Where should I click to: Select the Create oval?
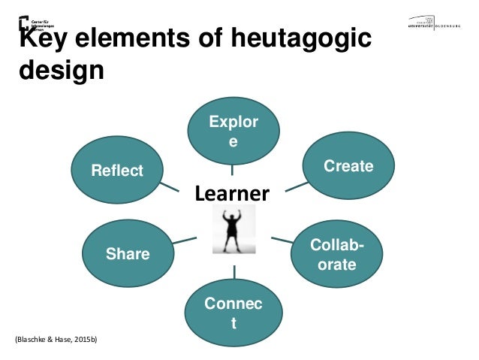[348, 166]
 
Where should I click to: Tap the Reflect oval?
[117, 171]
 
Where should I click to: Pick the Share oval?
[128, 254]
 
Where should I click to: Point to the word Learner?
[232, 195]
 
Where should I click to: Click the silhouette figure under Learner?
[233, 228]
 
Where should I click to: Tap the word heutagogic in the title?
[294, 39]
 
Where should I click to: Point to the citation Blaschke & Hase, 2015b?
[56, 340]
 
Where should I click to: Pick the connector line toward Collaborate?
[282, 241]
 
